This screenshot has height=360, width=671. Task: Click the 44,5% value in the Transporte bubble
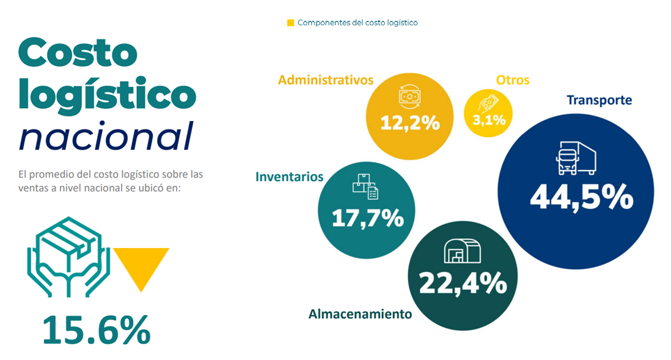point(582,197)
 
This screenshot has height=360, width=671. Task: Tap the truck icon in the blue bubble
point(576,158)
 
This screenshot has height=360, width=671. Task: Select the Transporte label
point(599,100)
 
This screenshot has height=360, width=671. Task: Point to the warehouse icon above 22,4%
point(462,251)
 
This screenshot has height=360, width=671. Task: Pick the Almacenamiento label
point(360,314)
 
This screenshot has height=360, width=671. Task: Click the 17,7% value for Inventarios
point(368,218)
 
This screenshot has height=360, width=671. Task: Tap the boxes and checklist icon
point(365,186)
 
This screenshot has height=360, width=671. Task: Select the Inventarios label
point(289,177)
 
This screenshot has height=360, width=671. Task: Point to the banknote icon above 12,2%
point(409,97)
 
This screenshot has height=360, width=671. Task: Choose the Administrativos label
point(326,80)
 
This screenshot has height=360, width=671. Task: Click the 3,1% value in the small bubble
point(489,120)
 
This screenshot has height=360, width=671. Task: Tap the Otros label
point(513,80)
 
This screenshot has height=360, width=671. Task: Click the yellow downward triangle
point(141,265)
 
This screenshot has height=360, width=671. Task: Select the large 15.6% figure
point(97,329)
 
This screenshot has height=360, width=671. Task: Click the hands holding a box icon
point(68,257)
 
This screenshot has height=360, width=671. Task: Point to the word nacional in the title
point(106,136)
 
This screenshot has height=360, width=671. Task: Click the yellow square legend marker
point(290,23)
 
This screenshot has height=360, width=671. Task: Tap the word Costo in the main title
point(78,52)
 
